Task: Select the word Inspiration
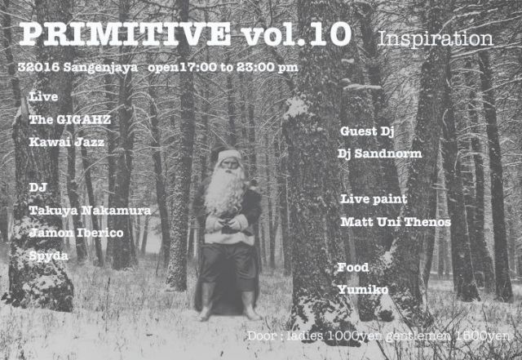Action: click(436, 38)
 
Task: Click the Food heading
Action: click(352, 267)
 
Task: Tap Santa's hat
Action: click(229, 153)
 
